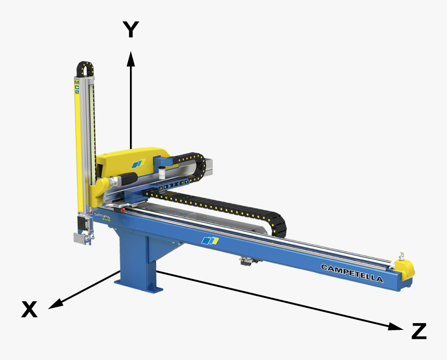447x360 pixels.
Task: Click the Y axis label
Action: (x=130, y=30)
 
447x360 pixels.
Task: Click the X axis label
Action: (x=29, y=310)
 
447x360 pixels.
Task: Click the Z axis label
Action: (x=419, y=331)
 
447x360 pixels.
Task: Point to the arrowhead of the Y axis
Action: (x=131, y=57)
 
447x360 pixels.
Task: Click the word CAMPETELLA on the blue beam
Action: (x=352, y=273)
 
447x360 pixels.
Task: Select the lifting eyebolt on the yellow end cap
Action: (x=401, y=256)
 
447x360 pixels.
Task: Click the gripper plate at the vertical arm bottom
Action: (x=80, y=238)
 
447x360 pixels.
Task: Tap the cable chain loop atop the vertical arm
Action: (x=85, y=66)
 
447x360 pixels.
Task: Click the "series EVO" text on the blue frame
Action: (x=102, y=216)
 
